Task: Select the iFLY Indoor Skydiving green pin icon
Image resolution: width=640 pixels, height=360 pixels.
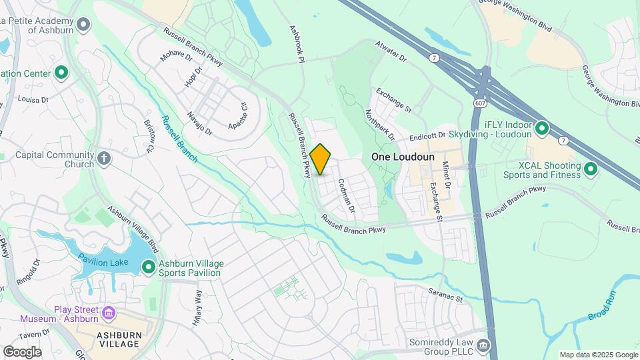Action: pos(542,127)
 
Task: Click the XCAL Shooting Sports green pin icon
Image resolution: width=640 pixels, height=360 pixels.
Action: pos(590,169)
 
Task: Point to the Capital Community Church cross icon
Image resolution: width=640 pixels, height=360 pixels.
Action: pos(103,159)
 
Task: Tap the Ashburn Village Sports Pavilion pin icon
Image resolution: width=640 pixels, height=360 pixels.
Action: pos(148,267)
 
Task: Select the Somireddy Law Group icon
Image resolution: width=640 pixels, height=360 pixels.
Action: pos(483,345)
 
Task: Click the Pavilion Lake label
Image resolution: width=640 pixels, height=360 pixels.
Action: pos(103,262)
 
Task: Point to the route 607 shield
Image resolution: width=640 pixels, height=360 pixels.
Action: pos(480,104)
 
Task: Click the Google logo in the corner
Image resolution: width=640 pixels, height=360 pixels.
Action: pos(22,351)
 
